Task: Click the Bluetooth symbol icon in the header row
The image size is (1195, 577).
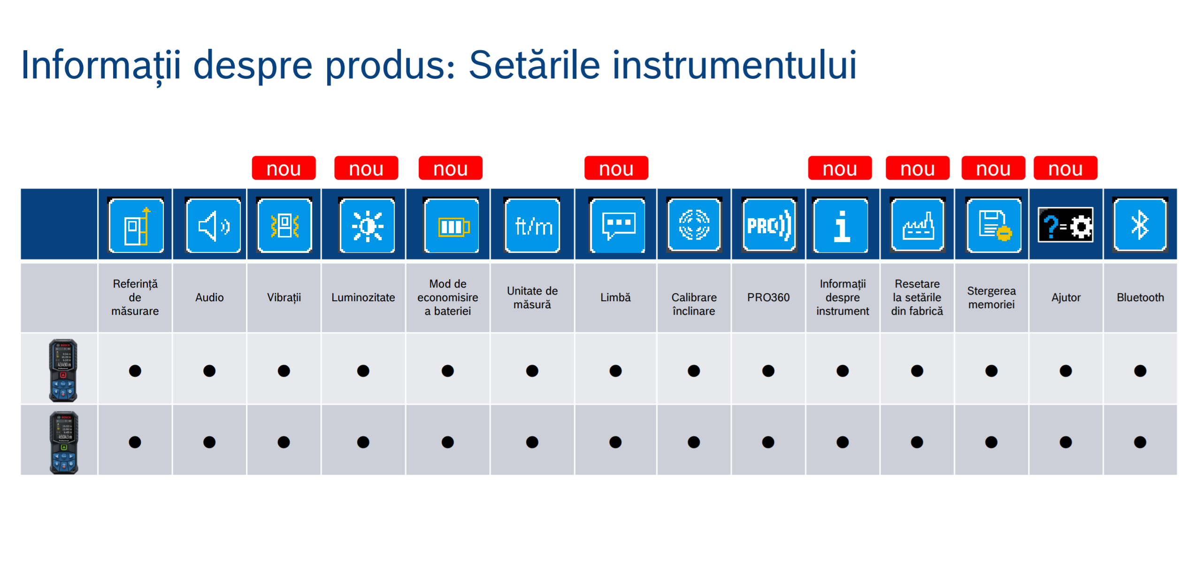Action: click(1140, 226)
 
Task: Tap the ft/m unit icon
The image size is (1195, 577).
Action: click(532, 226)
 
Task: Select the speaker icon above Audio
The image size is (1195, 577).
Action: click(213, 226)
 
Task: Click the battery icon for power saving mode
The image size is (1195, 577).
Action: click(452, 226)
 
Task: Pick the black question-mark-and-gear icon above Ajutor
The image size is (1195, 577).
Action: click(1065, 225)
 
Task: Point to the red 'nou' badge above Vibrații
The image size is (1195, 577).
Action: click(283, 168)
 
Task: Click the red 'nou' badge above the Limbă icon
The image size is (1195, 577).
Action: click(616, 168)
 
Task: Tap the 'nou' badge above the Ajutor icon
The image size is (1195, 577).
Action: click(1065, 168)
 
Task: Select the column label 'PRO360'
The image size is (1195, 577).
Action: click(768, 297)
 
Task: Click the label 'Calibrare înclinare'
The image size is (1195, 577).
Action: click(694, 304)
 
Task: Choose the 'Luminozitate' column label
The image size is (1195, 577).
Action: click(363, 297)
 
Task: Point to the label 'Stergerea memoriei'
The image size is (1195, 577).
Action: click(991, 297)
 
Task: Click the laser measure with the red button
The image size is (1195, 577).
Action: click(63, 370)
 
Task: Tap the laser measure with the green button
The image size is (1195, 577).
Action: click(64, 442)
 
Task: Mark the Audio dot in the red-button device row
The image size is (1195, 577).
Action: click(209, 371)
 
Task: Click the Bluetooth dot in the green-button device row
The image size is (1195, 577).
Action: click(1140, 442)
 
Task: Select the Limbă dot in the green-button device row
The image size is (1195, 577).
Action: click(615, 442)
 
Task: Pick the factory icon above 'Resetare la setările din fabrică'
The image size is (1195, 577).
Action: click(917, 226)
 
